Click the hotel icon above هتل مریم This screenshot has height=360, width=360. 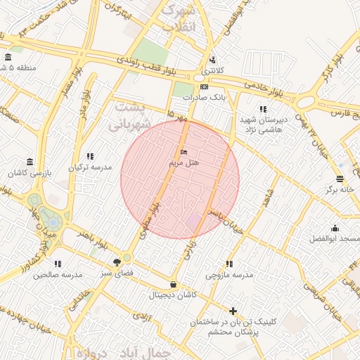(184, 152)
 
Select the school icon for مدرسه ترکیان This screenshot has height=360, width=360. (90, 156)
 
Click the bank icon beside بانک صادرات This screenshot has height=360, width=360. (203, 86)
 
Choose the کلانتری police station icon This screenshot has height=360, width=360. (212, 60)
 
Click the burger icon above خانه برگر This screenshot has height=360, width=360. (340, 179)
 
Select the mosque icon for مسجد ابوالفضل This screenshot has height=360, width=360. (335, 228)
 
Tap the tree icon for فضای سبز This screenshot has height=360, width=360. (116, 261)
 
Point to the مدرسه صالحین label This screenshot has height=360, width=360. (58, 274)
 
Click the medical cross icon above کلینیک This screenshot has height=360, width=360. (233, 311)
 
